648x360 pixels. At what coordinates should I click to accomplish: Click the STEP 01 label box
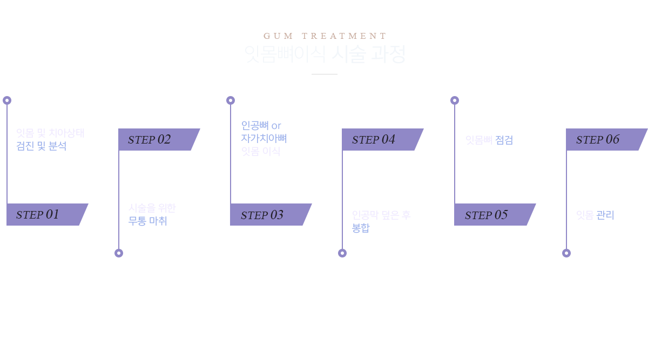(47, 214)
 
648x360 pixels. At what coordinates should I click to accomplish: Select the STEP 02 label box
(159, 139)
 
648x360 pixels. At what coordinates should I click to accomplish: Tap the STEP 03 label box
(271, 214)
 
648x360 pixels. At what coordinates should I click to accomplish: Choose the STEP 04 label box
(382, 139)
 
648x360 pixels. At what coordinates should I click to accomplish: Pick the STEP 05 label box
(495, 214)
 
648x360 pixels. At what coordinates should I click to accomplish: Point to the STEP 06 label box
(606, 139)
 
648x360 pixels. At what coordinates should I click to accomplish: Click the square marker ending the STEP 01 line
(7, 100)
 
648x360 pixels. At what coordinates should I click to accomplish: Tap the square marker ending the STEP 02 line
(118, 253)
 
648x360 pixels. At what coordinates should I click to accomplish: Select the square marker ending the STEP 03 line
(230, 100)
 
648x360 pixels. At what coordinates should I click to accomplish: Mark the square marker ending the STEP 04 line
(342, 253)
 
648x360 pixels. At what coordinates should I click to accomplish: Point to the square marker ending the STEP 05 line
(454, 100)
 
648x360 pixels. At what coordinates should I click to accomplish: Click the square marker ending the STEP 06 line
(566, 253)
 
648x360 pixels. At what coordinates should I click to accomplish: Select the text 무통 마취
(148, 221)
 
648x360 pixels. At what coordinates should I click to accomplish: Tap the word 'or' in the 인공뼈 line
(276, 126)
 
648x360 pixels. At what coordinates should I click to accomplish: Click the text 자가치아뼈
(264, 138)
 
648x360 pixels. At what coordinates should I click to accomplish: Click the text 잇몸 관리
(595, 215)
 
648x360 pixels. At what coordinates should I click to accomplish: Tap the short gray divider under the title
(325, 74)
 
